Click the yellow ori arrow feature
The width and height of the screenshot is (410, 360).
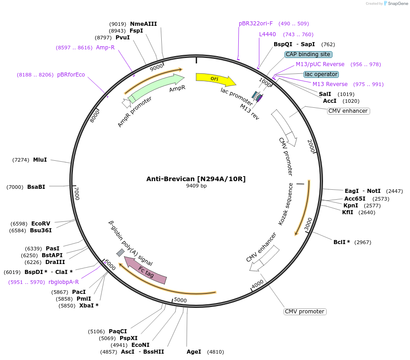pyautogui.click(x=215, y=79)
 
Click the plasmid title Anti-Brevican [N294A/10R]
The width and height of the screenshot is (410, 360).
pyautogui.click(x=196, y=179)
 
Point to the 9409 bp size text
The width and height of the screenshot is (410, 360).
pyautogui.click(x=196, y=186)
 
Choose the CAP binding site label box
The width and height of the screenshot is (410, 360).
pyautogui.click(x=309, y=54)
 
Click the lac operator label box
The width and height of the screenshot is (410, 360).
pyautogui.click(x=321, y=74)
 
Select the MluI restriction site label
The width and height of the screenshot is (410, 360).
pyautogui.click(x=40, y=160)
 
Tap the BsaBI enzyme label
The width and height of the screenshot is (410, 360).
pyautogui.click(x=36, y=187)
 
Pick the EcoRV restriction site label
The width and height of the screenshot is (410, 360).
pyautogui.click(x=40, y=224)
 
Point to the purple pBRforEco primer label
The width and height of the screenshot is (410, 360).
pyautogui.click(x=71, y=75)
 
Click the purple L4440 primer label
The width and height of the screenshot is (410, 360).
pyautogui.click(x=267, y=34)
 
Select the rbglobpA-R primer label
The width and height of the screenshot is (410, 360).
pyautogui.click(x=63, y=282)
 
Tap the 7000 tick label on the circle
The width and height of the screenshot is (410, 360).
pyautogui.click(x=77, y=193)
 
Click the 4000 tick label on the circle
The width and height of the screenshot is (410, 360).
pyautogui.click(x=257, y=284)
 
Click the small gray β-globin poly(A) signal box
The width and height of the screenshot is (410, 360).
pyautogui.click(x=120, y=252)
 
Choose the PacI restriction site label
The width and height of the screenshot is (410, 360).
pyautogui.click(x=78, y=292)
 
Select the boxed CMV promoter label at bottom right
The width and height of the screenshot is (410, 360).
pyautogui.click(x=305, y=312)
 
